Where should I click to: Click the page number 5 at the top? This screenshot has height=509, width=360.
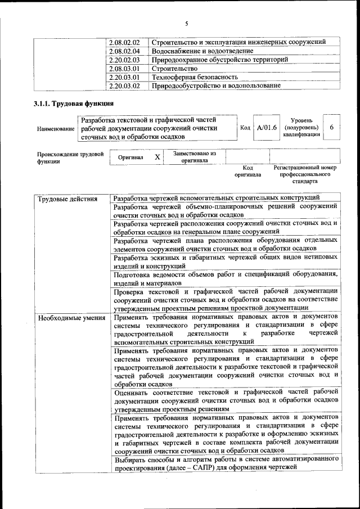click(x=186, y=23)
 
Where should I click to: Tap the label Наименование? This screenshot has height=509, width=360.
click(x=56, y=129)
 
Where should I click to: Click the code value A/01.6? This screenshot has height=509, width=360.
click(x=267, y=128)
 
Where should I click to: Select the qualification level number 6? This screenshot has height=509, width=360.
click(x=332, y=128)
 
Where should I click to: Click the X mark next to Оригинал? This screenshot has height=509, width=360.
click(x=157, y=157)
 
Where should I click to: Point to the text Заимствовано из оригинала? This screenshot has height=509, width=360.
click(x=194, y=156)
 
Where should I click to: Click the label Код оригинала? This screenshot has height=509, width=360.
click(x=247, y=171)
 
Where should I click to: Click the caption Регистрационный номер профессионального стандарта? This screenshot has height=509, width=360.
click(x=304, y=174)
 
